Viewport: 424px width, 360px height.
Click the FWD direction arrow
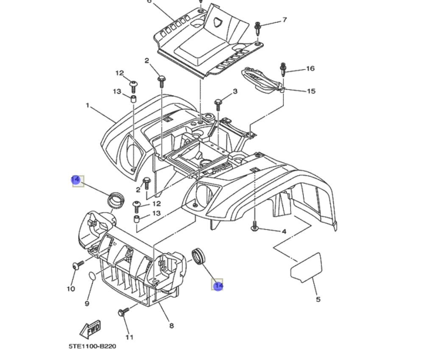point(90,328)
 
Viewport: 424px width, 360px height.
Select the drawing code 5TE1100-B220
point(92,346)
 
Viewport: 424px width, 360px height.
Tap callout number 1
point(87,105)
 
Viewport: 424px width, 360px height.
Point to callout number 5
point(318,299)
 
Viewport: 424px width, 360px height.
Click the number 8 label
point(171,326)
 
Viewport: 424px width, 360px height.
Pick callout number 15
point(311,91)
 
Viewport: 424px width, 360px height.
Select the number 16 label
point(310,68)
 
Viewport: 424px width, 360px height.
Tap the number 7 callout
point(285,20)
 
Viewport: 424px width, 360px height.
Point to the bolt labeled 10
point(78,265)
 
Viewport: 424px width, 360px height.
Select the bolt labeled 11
point(123,313)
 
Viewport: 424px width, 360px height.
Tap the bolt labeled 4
point(255,226)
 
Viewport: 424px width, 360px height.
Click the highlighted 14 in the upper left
point(75,180)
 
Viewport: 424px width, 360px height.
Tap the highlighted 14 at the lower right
point(218,286)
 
